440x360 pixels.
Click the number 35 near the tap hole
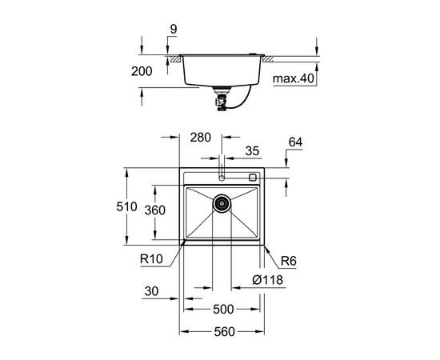coord(252,150)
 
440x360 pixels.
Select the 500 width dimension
coord(222,309)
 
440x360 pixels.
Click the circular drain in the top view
coord(222,205)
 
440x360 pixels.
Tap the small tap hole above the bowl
coord(222,176)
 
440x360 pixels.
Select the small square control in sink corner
coord(253,178)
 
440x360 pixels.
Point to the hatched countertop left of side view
coord(172,58)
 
